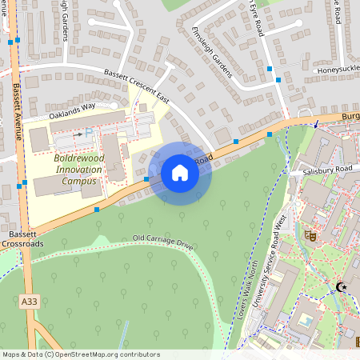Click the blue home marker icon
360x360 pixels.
click(x=180, y=173)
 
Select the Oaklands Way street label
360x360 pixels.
click(x=72, y=110)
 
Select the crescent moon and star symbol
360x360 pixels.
click(x=342, y=286)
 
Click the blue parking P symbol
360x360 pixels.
click(x=88, y=131)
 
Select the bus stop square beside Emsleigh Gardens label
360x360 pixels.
click(x=278, y=80)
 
